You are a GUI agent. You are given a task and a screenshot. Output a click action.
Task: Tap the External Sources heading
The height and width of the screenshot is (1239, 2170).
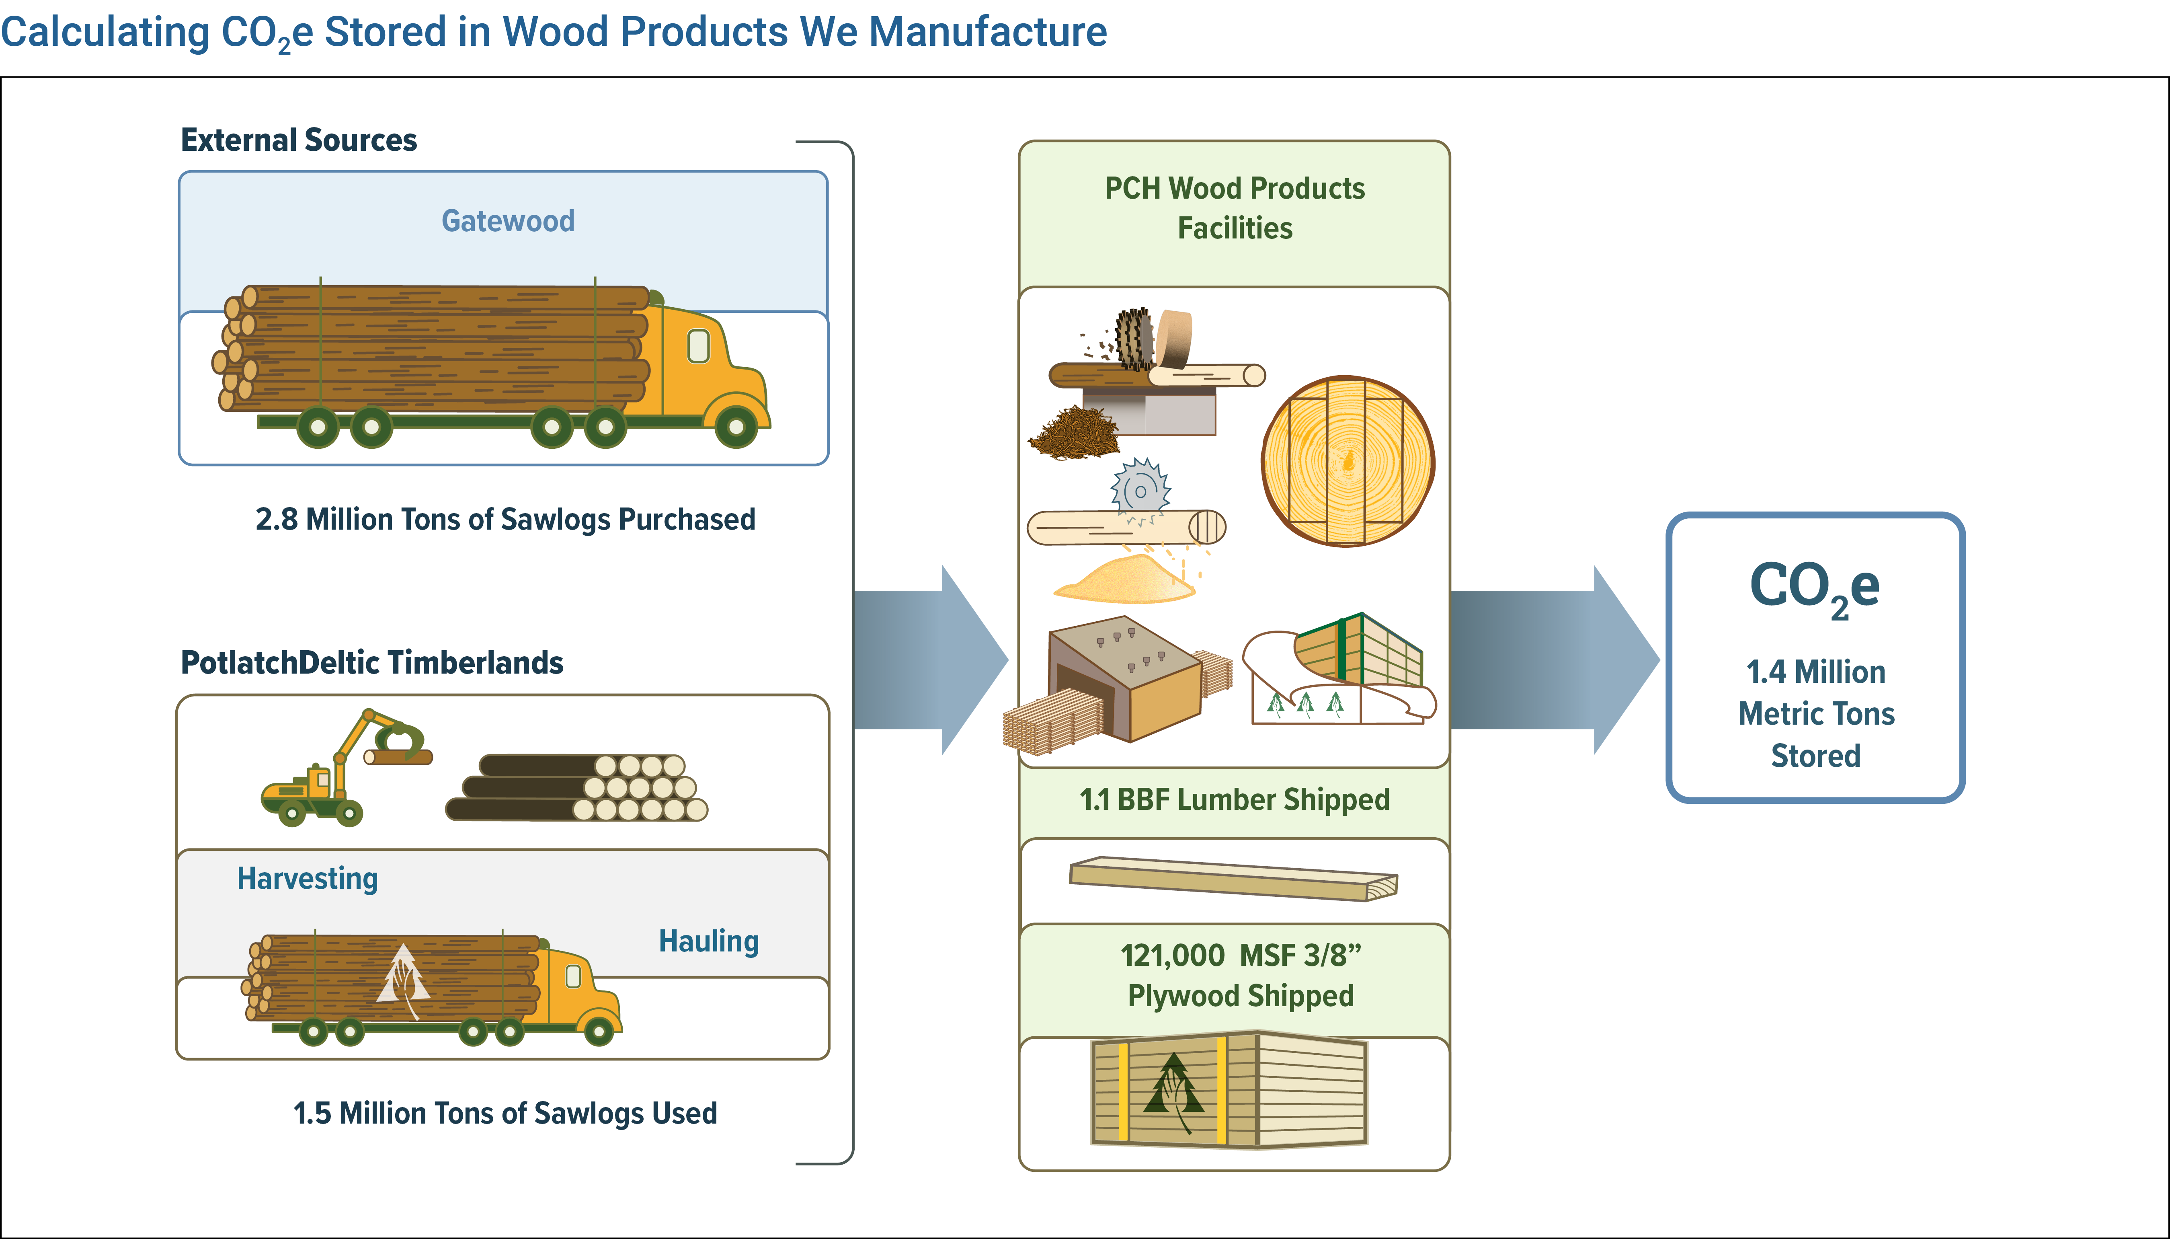click(x=299, y=140)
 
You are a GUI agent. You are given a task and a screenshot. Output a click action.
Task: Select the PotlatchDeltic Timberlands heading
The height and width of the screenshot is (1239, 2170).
click(x=372, y=662)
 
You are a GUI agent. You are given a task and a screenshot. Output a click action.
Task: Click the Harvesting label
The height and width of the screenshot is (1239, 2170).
click(x=307, y=878)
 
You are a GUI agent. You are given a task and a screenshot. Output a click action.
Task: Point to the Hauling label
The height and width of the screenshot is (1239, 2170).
click(x=709, y=941)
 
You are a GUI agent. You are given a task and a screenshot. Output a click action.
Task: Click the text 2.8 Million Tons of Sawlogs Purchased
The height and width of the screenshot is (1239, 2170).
click(x=505, y=519)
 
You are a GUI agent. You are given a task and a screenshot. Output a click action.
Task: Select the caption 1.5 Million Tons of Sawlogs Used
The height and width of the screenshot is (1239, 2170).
click(x=505, y=1113)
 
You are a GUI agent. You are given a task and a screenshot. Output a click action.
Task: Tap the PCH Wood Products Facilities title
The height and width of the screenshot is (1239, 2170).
click(x=1234, y=208)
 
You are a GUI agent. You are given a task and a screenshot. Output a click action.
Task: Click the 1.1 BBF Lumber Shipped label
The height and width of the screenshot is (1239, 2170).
click(x=1234, y=800)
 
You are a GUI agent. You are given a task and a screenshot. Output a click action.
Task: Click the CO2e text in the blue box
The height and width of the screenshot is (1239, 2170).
click(x=1814, y=587)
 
